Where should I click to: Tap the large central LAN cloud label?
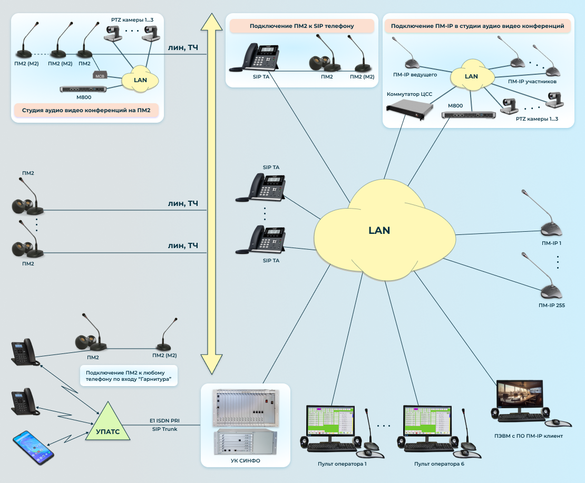[x=379, y=230]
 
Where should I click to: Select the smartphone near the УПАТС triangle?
[x=34, y=448]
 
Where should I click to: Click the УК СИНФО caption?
[x=246, y=460]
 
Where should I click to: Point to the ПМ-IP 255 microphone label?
[x=551, y=305]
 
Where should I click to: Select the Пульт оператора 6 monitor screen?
[x=428, y=421]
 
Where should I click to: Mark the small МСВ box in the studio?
[x=100, y=76]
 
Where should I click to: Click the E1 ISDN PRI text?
[x=164, y=420]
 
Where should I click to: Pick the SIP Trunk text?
[x=164, y=429]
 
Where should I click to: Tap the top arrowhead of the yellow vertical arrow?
[x=211, y=23]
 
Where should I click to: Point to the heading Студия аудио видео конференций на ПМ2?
[x=86, y=111]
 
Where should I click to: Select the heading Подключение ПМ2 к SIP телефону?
[x=301, y=25]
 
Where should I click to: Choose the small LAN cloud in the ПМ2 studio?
[x=140, y=80]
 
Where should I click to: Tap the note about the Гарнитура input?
[x=129, y=376]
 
